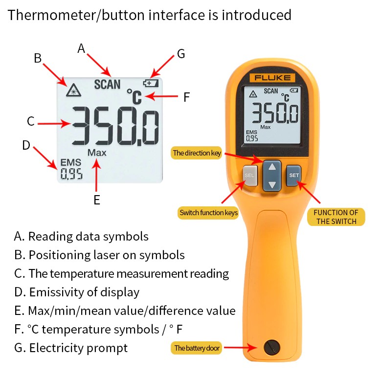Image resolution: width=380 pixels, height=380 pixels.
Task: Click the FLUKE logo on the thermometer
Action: click(x=272, y=78)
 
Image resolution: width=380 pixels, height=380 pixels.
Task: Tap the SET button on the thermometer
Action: click(x=294, y=176)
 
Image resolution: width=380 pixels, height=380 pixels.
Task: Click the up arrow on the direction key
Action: click(x=272, y=167)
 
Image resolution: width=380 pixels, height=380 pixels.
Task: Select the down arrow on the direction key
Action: click(x=272, y=185)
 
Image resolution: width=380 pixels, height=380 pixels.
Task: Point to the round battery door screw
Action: click(x=271, y=348)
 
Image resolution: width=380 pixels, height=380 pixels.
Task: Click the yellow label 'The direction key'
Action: click(x=197, y=153)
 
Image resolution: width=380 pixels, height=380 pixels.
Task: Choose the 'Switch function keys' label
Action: click(x=208, y=213)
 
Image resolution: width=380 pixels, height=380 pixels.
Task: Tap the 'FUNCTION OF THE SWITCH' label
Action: click(x=336, y=217)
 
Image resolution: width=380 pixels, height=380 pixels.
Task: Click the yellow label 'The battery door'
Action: click(x=197, y=348)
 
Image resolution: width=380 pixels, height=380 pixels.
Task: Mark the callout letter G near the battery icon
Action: click(x=181, y=54)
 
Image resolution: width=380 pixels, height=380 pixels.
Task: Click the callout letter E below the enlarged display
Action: click(x=97, y=200)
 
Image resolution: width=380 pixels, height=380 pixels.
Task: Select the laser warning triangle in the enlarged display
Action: click(x=73, y=90)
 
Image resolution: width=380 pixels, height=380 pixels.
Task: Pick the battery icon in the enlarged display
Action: click(x=151, y=83)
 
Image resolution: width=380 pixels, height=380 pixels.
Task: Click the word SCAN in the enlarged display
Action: click(x=107, y=85)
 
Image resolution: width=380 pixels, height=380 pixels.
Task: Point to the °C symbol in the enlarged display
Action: click(x=134, y=97)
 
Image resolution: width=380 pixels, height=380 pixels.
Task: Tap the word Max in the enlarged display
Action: click(x=97, y=153)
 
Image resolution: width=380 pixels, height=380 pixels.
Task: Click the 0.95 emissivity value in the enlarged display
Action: click(x=71, y=174)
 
